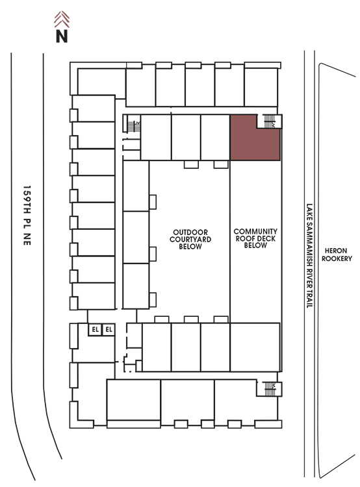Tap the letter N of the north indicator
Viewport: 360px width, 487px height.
pyautogui.click(x=62, y=36)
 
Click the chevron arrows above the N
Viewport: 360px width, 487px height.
pyautogui.click(x=62, y=19)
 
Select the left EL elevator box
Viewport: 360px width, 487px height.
pyautogui.click(x=95, y=329)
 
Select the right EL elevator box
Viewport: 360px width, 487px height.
pyautogui.click(x=109, y=329)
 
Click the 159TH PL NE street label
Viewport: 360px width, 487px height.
pyautogui.click(x=27, y=216)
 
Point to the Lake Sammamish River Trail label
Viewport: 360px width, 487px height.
pyautogui.click(x=309, y=256)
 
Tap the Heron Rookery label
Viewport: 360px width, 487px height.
pyautogui.click(x=337, y=255)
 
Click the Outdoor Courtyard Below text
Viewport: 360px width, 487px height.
pyautogui.click(x=190, y=239)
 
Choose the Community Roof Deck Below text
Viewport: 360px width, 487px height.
pyautogui.click(x=255, y=238)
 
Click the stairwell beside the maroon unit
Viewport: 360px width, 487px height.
pyautogui.click(x=269, y=121)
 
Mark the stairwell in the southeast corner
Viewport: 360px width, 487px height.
pyautogui.click(x=269, y=388)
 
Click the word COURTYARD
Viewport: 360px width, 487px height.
pyautogui.click(x=190, y=239)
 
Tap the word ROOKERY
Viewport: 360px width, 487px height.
pyautogui.click(x=337, y=258)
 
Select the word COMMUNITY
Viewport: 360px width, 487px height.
pyautogui.click(x=255, y=231)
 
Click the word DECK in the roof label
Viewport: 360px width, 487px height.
pyautogui.click(x=267, y=238)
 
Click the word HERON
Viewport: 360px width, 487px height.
pyautogui.click(x=336, y=251)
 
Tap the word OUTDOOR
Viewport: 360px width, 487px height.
pyautogui.click(x=190, y=232)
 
